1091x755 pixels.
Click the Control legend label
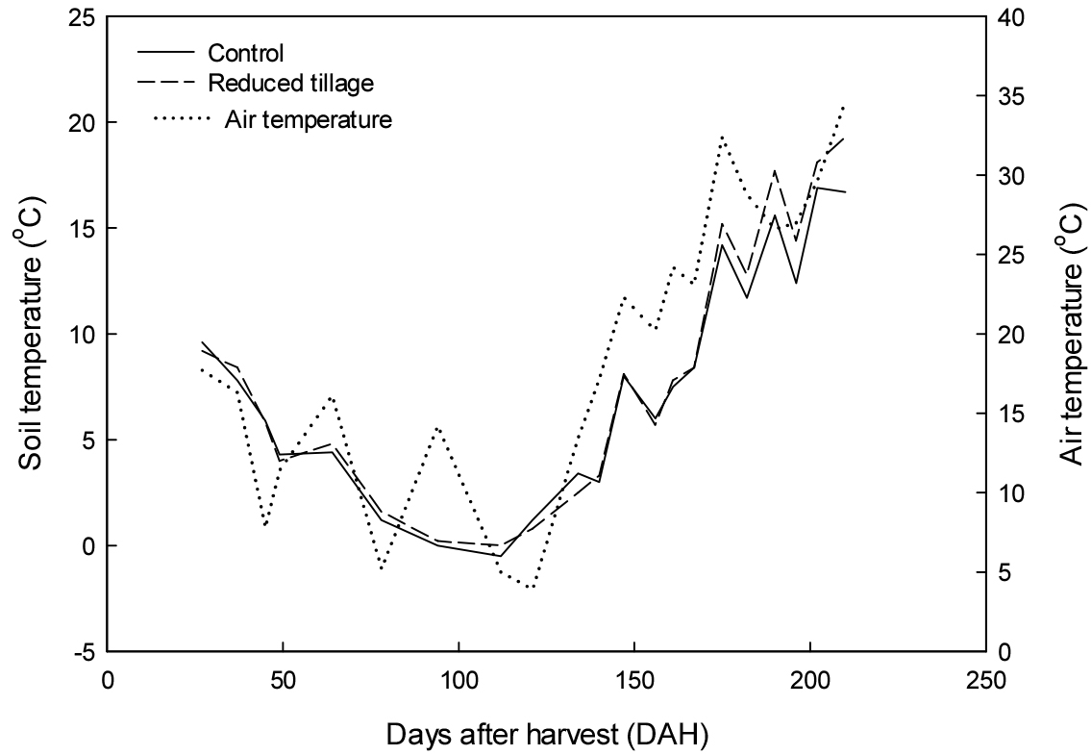tap(246, 54)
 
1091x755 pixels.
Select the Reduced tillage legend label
tap(290, 84)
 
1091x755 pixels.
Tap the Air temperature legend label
tap(308, 120)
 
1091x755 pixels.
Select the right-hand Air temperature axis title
tap(1070, 334)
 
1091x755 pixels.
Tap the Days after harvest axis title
tap(547, 736)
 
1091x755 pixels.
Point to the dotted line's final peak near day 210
tap(844, 105)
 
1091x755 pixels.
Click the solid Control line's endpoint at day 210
tap(846, 192)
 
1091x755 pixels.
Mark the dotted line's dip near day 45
tap(264, 525)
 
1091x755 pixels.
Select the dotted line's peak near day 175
tap(722, 137)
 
